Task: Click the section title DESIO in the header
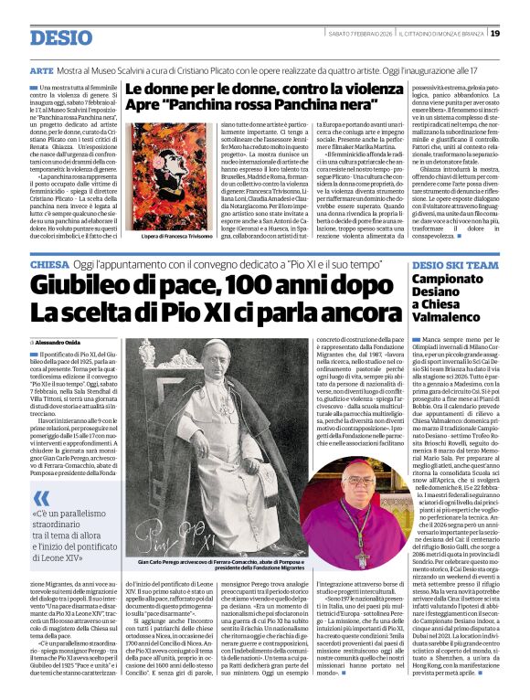(x=61, y=37)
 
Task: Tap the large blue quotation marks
(x=42, y=498)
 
